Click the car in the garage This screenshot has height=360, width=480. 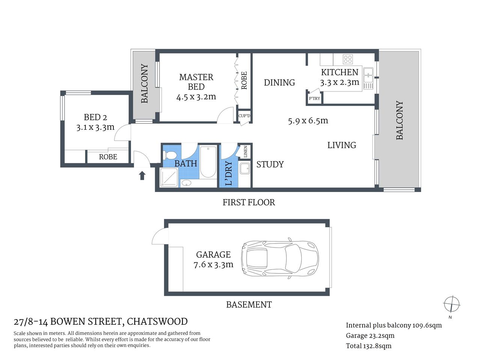[x=280, y=259]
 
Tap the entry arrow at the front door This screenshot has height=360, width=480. [x=142, y=175]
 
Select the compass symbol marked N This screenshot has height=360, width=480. [x=451, y=304]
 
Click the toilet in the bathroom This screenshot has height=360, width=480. [x=171, y=155]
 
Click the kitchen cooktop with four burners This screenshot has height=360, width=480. [x=348, y=59]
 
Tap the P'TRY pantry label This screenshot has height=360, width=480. [x=314, y=99]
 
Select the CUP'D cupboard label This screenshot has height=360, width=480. [x=244, y=116]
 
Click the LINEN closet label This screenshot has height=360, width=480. [x=246, y=152]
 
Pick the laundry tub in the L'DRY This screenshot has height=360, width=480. [x=245, y=169]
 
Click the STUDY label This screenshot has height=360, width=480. [x=270, y=164]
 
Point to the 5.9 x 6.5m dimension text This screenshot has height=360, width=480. [x=308, y=121]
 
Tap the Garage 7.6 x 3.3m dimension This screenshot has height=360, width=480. [x=213, y=265]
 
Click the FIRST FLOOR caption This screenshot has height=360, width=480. [x=248, y=202]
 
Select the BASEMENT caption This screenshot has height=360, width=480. [x=248, y=304]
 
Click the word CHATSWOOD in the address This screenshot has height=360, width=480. [x=157, y=322]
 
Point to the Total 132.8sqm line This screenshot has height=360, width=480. [x=369, y=346]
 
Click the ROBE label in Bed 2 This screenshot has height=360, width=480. [x=108, y=157]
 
